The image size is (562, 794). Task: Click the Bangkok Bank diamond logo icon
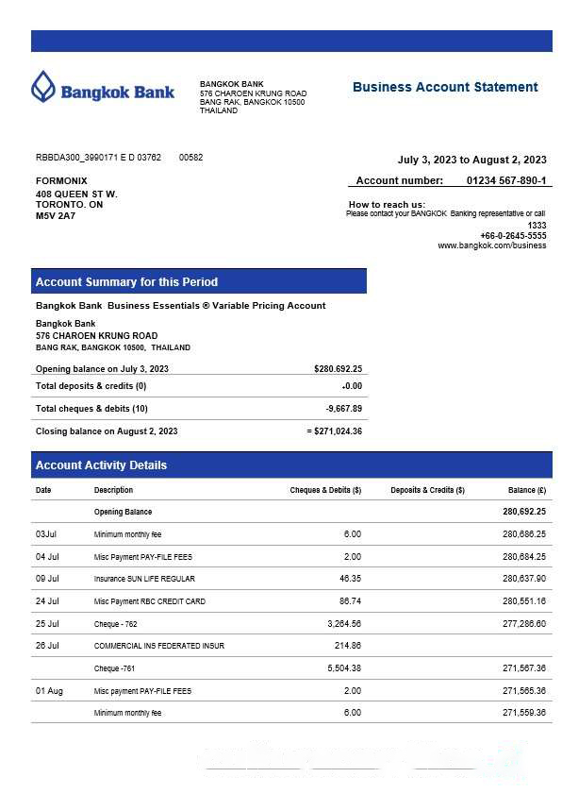(x=43, y=88)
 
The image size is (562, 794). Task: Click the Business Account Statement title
(x=445, y=87)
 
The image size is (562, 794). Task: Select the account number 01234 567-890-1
(x=505, y=180)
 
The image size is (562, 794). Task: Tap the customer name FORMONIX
(x=61, y=180)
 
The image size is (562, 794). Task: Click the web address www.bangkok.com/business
(x=491, y=245)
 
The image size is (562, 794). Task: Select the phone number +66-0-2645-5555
(x=512, y=235)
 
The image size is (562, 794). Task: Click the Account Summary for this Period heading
(x=126, y=282)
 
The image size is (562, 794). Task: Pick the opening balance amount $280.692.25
(x=338, y=369)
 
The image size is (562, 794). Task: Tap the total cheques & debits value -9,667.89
(x=343, y=409)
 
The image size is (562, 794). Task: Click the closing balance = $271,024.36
(x=335, y=431)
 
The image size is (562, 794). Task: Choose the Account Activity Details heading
(x=101, y=465)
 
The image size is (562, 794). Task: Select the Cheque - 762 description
(x=117, y=624)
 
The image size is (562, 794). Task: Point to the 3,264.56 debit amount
(x=344, y=624)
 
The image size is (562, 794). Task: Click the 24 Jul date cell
(x=47, y=601)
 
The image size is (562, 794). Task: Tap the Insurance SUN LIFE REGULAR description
(x=144, y=579)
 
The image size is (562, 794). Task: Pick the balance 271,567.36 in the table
(x=524, y=668)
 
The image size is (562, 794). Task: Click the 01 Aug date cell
(x=49, y=691)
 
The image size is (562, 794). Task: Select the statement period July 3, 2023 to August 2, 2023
(x=471, y=160)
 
